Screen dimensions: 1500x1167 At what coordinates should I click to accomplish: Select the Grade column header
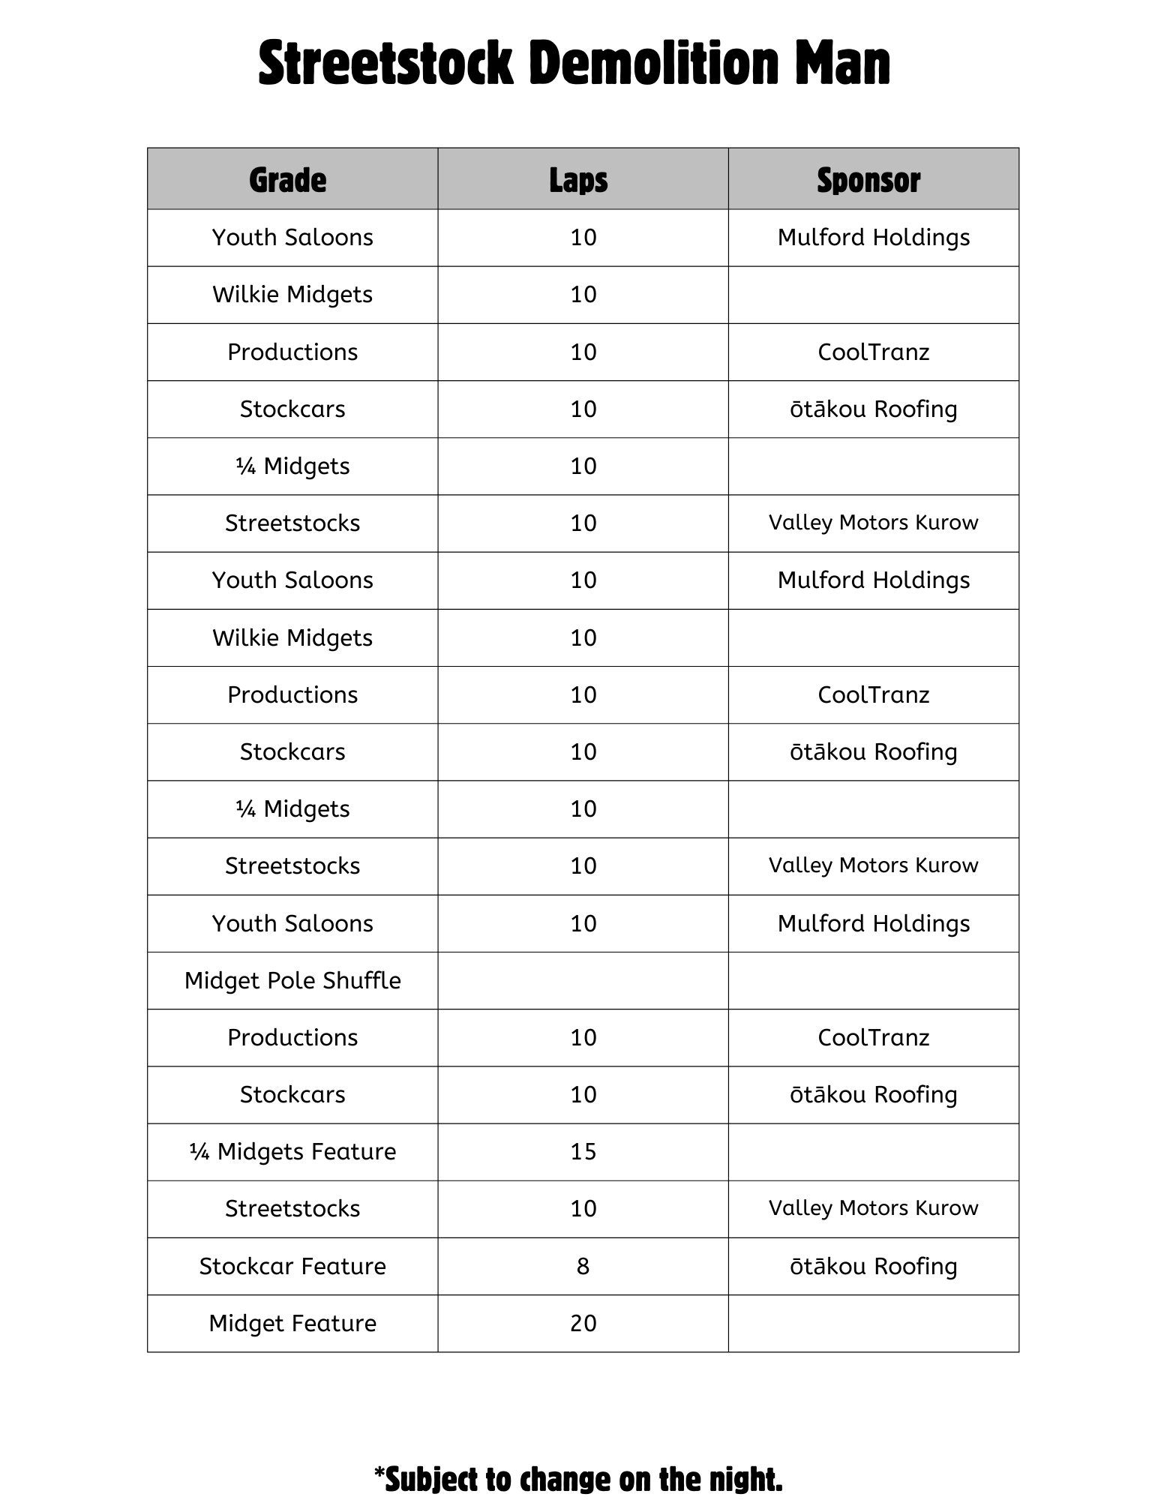(288, 180)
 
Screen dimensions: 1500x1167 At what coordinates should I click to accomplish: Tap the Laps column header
(578, 180)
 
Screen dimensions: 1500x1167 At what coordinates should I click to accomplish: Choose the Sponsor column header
(868, 180)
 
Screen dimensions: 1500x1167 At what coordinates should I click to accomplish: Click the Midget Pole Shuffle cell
(292, 980)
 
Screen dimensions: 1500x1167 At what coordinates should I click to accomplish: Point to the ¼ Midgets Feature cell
(292, 1151)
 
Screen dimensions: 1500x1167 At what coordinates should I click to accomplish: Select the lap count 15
(583, 1151)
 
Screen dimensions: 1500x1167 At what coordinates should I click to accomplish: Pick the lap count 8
(583, 1266)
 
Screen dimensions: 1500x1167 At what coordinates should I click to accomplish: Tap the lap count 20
(583, 1323)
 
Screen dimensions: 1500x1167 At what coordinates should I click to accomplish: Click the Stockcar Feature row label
(292, 1266)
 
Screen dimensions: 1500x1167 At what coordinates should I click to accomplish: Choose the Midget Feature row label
(292, 1323)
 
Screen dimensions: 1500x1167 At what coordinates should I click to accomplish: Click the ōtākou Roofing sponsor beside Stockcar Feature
(874, 1266)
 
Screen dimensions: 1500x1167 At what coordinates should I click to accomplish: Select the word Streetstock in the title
(385, 64)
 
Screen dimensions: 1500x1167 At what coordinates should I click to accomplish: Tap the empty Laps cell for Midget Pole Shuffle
(583, 980)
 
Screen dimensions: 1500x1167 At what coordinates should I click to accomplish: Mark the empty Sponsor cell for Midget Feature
(874, 1323)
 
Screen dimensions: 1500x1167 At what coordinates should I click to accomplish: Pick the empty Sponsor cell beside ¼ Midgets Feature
(874, 1151)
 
